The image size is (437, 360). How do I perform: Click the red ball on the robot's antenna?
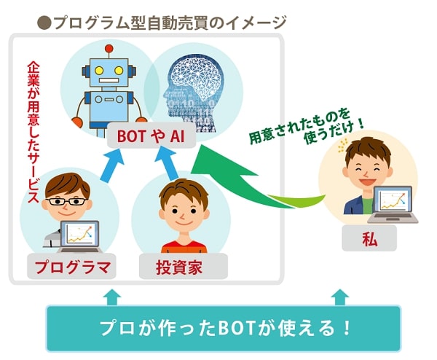point(109,49)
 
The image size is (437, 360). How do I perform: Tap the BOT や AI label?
point(151,136)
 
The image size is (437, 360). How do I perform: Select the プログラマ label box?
point(71,267)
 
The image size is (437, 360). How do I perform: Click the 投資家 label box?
point(183,267)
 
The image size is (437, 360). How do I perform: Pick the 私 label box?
point(369,239)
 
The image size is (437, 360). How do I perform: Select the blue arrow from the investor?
point(168,164)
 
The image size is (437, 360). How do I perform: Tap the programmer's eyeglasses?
point(67,201)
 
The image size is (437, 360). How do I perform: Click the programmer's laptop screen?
point(79,234)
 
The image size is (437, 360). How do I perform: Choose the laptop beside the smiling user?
point(393,204)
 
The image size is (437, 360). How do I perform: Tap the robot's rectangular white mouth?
point(109,80)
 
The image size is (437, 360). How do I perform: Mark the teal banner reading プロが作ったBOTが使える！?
point(224,328)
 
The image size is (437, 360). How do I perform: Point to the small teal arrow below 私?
point(341,297)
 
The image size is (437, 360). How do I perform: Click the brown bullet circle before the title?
point(44,23)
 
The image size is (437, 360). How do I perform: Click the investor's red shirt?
point(184,247)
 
